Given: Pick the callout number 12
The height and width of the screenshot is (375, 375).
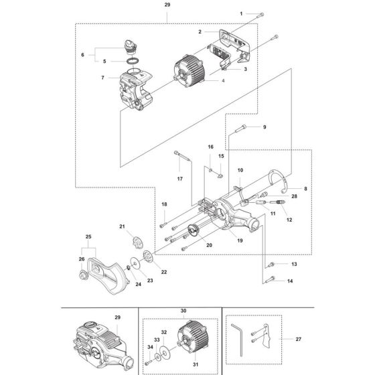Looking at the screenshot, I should pos(289,220).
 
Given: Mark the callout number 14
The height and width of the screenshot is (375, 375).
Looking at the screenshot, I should pos(290,281).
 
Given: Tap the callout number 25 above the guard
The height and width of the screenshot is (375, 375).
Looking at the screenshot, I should pos(88,236).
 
